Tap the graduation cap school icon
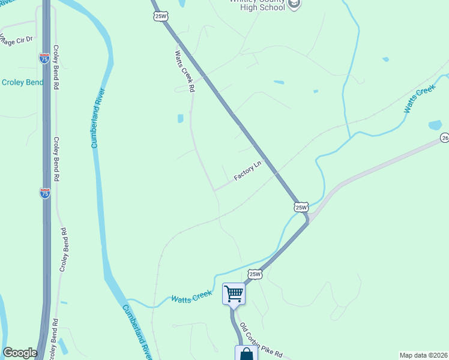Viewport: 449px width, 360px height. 294,5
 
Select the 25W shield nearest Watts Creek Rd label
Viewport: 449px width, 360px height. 160,16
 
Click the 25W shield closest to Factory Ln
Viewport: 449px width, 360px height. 301,207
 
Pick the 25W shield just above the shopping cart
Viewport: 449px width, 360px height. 255,274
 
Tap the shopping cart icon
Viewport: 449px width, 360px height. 234,294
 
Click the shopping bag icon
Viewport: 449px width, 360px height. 246,354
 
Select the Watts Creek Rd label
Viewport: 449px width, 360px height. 185,70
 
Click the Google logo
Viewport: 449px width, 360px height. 20,353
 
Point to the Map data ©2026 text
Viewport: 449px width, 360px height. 423,355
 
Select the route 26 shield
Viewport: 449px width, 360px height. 444,137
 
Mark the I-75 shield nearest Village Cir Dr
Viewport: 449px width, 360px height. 44,58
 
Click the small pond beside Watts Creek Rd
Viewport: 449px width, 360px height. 180,119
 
